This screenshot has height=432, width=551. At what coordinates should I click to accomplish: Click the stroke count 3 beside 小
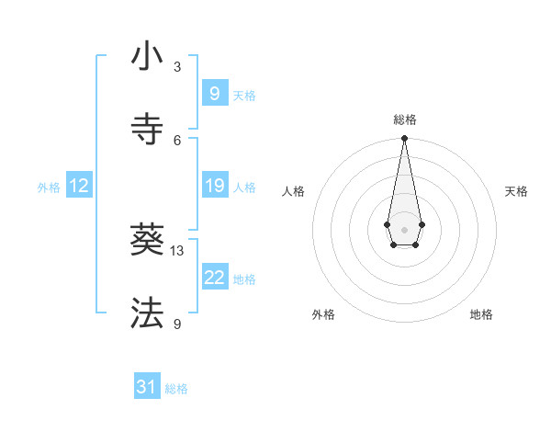click(x=177, y=67)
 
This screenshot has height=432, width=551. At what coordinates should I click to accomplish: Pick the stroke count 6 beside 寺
click(x=177, y=140)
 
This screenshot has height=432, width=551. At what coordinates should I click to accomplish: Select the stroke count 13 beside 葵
click(x=177, y=251)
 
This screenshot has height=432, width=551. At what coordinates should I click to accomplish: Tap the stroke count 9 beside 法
click(x=177, y=324)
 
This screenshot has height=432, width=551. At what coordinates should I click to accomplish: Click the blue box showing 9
click(x=214, y=93)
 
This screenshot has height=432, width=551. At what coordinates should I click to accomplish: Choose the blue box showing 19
click(x=214, y=186)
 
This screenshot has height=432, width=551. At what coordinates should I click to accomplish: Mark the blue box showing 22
click(x=214, y=278)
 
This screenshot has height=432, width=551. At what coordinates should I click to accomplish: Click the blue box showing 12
click(x=79, y=186)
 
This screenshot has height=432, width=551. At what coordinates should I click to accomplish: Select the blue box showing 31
click(x=147, y=387)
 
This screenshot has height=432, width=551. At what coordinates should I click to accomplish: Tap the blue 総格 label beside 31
click(x=176, y=389)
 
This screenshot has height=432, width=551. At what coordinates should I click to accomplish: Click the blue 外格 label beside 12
click(x=49, y=188)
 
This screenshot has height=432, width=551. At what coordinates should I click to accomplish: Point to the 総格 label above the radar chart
click(x=405, y=119)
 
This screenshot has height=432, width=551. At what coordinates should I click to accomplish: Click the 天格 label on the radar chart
click(x=516, y=191)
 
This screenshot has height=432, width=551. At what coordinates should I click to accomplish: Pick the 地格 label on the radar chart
click(x=481, y=314)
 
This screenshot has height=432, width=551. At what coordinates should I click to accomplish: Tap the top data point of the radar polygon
click(x=405, y=139)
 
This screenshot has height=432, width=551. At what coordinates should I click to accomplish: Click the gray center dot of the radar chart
click(x=405, y=229)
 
